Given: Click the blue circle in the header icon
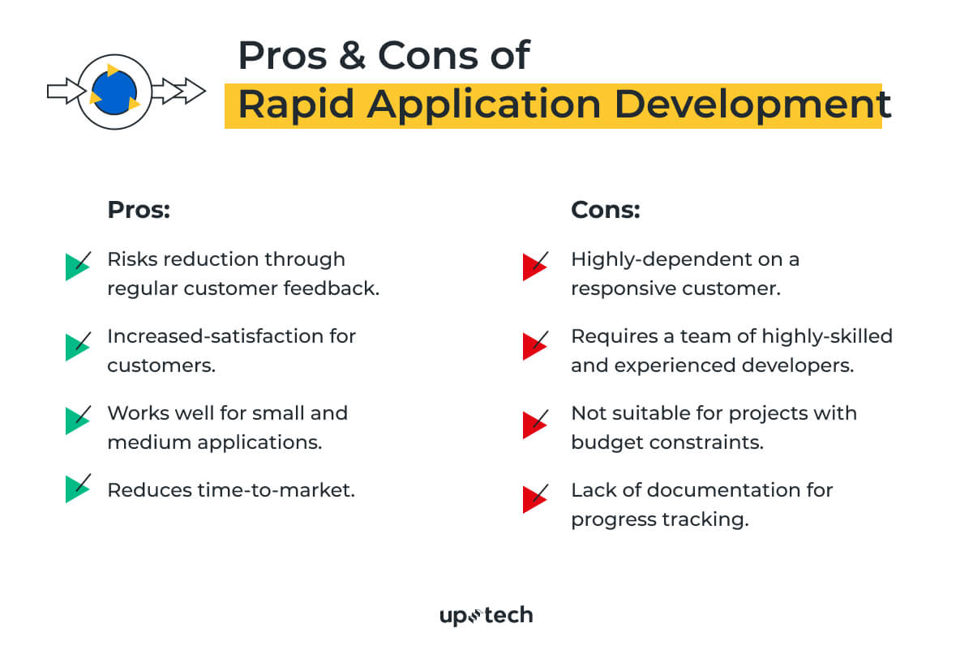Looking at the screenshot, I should (x=114, y=90).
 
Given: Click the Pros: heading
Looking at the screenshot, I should (x=139, y=210).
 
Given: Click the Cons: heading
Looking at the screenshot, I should (x=606, y=210).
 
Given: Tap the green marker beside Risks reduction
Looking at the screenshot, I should (x=77, y=266).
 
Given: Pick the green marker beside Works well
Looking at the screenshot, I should (x=77, y=421).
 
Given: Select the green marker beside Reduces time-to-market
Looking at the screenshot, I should (x=77, y=489).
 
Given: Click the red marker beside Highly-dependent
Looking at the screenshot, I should (x=534, y=266).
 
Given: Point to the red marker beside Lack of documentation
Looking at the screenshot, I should (x=534, y=497).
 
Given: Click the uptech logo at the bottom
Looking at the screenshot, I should (x=486, y=616).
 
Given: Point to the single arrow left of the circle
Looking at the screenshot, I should (x=64, y=91).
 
